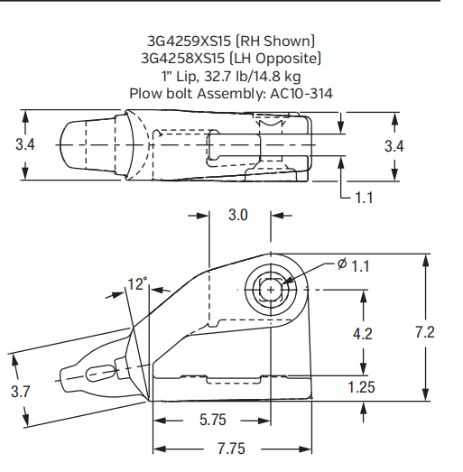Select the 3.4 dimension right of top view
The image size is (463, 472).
[394, 145]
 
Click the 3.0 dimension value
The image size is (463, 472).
[237, 216]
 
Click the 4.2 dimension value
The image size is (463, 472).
[363, 333]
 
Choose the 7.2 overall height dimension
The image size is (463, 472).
[424, 332]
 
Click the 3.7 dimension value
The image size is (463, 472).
[21, 391]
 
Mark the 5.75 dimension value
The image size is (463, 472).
[211, 421]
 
